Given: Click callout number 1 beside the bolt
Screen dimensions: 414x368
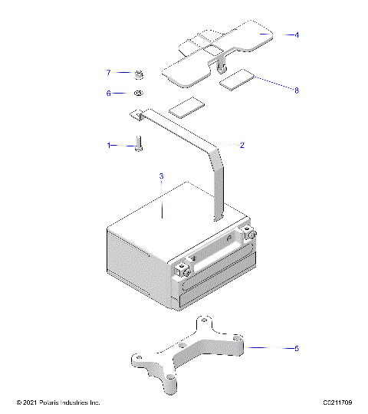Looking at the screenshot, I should point(109,144).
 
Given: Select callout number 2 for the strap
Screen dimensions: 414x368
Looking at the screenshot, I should point(242,144).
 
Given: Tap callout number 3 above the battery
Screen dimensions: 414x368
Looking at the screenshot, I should point(161,177).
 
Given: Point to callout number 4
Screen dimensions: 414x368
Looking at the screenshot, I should point(297,34).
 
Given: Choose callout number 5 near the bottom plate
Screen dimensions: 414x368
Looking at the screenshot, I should point(297,348).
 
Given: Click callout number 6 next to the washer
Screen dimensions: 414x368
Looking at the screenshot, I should point(109,93).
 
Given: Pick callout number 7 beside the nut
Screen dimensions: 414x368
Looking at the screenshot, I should point(109,73).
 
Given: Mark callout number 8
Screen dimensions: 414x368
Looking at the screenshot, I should point(297,90).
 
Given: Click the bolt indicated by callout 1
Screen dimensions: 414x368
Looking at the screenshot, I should point(139,143).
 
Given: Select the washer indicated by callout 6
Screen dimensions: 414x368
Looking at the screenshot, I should point(139,93).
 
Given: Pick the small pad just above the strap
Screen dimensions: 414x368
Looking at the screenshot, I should point(186,106).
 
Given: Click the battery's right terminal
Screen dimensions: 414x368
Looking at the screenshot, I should point(248,232).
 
